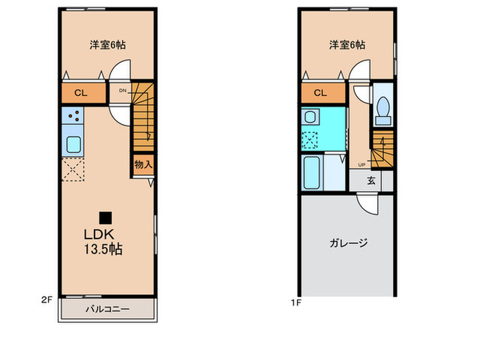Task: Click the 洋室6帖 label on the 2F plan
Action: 107,45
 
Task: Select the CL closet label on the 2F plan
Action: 80,93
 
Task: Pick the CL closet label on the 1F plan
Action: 320,93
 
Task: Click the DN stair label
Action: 122,90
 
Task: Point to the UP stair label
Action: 361,164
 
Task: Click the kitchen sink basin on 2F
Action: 73,145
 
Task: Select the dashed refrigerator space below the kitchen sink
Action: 73,169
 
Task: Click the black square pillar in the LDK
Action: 105,218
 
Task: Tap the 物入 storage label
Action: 143,165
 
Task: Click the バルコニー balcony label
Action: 107,309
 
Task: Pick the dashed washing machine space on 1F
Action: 311,140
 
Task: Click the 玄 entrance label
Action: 370,181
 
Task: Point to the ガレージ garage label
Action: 349,242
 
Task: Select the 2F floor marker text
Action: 47,300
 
